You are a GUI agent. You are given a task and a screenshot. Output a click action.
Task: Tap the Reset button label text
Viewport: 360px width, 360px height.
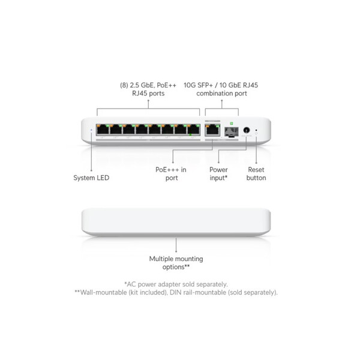click(x=256, y=173)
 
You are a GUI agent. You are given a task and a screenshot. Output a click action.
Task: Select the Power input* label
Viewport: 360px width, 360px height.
click(x=218, y=173)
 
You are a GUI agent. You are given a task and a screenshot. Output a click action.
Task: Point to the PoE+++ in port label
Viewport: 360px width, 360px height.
click(x=172, y=173)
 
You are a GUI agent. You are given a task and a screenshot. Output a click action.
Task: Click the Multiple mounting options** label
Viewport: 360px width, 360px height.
click(x=176, y=263)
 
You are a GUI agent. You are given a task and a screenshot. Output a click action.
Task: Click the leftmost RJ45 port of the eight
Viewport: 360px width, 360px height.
click(x=102, y=128)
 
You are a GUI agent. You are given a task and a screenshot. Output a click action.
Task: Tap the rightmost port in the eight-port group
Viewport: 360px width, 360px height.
click(x=193, y=128)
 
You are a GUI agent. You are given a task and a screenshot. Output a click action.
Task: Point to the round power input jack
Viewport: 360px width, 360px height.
click(x=246, y=129)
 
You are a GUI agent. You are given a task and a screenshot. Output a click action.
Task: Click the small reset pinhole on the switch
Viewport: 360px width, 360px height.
click(x=257, y=129)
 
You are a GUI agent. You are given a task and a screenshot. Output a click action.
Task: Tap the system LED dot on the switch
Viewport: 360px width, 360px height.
click(x=91, y=129)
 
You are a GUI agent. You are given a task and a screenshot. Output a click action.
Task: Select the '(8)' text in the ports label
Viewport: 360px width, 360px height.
click(x=125, y=85)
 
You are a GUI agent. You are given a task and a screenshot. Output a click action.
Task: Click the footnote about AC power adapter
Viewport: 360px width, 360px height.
click(x=176, y=284)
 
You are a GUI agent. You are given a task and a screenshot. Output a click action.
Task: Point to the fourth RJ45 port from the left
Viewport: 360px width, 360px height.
click(x=141, y=128)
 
